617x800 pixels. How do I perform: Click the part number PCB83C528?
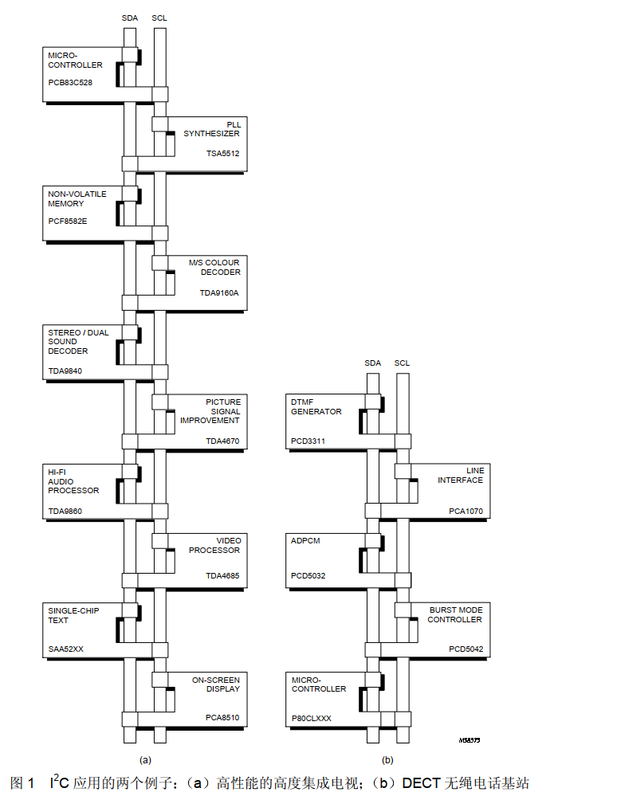(70, 82)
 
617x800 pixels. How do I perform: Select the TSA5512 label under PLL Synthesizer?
(223, 153)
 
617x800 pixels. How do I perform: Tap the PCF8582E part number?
(68, 221)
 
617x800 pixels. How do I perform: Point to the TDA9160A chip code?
(219, 292)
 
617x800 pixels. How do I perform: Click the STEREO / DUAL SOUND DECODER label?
(78, 342)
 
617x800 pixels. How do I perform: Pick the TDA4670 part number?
(222, 441)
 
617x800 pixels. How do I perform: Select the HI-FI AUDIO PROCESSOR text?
(73, 481)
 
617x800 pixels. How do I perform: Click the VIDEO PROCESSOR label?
(214, 546)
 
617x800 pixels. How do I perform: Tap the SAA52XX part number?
(65, 649)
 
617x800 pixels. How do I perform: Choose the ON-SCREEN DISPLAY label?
(215, 684)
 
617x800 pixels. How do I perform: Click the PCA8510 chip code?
(222, 718)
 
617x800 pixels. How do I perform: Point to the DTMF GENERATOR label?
(316, 407)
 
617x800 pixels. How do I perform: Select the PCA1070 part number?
(466, 511)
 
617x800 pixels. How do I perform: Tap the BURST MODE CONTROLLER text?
(455, 615)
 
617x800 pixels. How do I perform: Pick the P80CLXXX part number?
(312, 719)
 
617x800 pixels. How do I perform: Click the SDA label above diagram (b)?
(372, 363)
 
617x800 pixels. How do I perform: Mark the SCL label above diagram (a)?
(159, 18)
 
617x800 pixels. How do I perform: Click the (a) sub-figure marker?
(145, 760)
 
